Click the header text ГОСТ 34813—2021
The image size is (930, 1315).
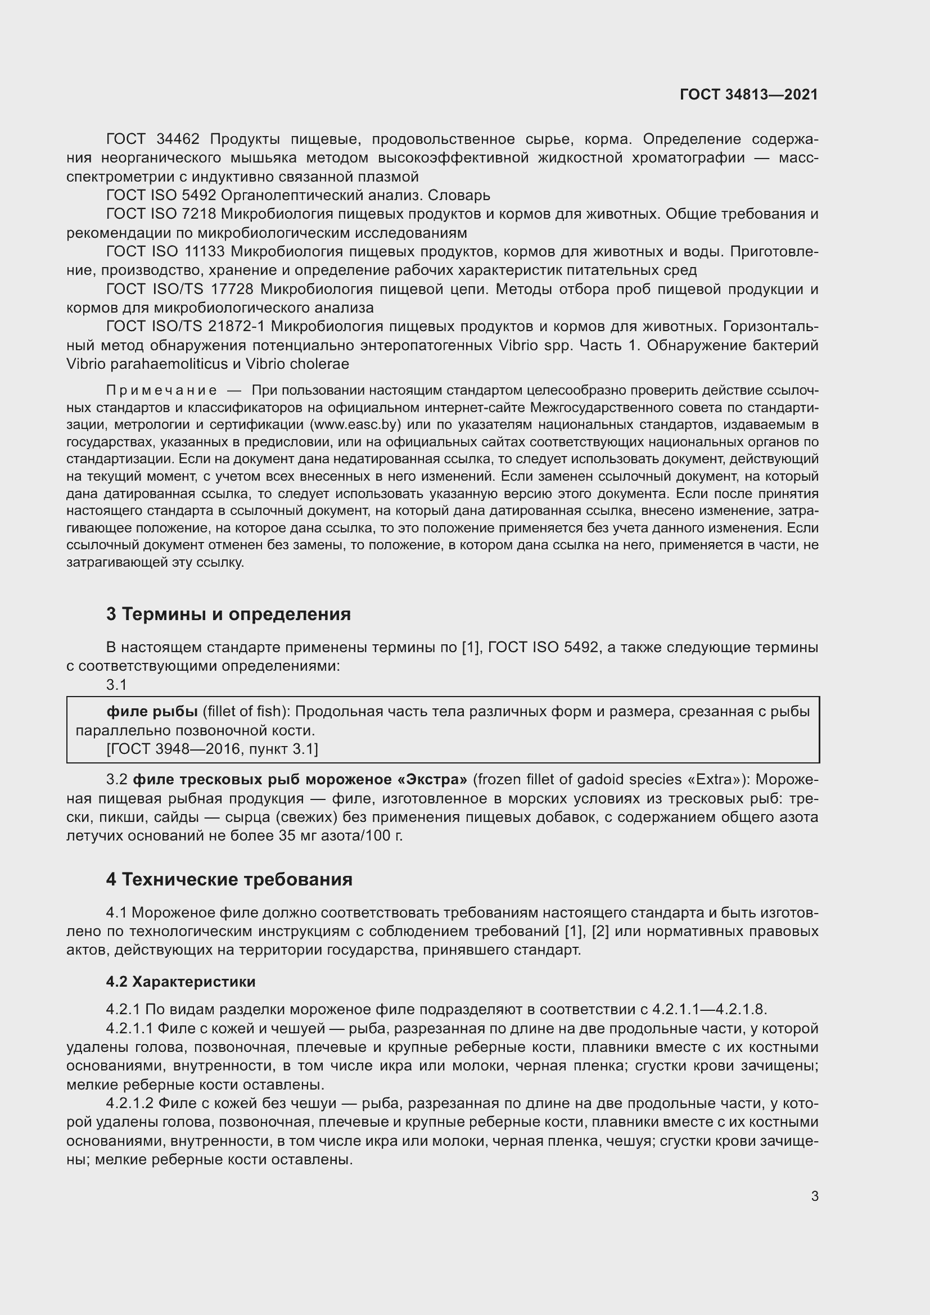(x=748, y=94)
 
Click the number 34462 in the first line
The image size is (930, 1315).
(x=178, y=139)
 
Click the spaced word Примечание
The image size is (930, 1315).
(x=161, y=391)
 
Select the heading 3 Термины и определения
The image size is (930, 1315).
(x=228, y=614)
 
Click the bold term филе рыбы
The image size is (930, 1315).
(x=152, y=711)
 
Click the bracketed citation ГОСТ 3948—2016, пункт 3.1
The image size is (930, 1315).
(x=212, y=748)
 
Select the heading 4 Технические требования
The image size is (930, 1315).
(x=229, y=879)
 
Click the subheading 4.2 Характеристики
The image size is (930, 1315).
(x=180, y=982)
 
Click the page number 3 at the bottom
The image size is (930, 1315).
(x=814, y=1196)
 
